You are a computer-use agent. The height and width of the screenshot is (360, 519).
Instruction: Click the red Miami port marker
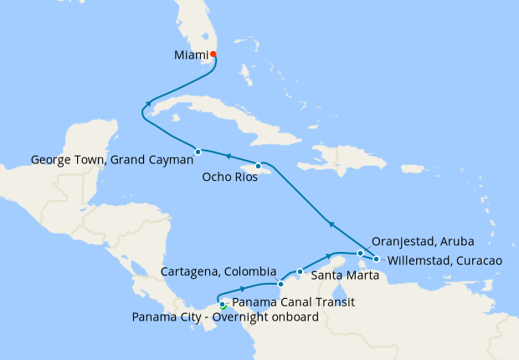coord(213,55)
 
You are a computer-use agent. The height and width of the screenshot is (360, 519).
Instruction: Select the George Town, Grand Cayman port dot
coord(198,152)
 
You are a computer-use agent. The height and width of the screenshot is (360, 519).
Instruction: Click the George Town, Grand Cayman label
coord(111,159)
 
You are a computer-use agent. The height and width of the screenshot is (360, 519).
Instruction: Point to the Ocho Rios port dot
coord(258,166)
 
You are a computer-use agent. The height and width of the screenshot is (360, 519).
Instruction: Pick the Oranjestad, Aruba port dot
coord(360,253)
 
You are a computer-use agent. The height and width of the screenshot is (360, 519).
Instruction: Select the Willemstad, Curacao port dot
coord(377,260)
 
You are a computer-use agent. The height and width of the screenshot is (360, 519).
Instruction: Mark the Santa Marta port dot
coord(300,271)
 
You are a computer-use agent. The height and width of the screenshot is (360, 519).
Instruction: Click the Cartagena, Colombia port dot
coord(280,285)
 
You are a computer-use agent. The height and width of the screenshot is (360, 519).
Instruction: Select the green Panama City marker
coord(223,306)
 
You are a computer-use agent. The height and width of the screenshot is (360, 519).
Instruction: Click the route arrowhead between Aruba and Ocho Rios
coord(331,224)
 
